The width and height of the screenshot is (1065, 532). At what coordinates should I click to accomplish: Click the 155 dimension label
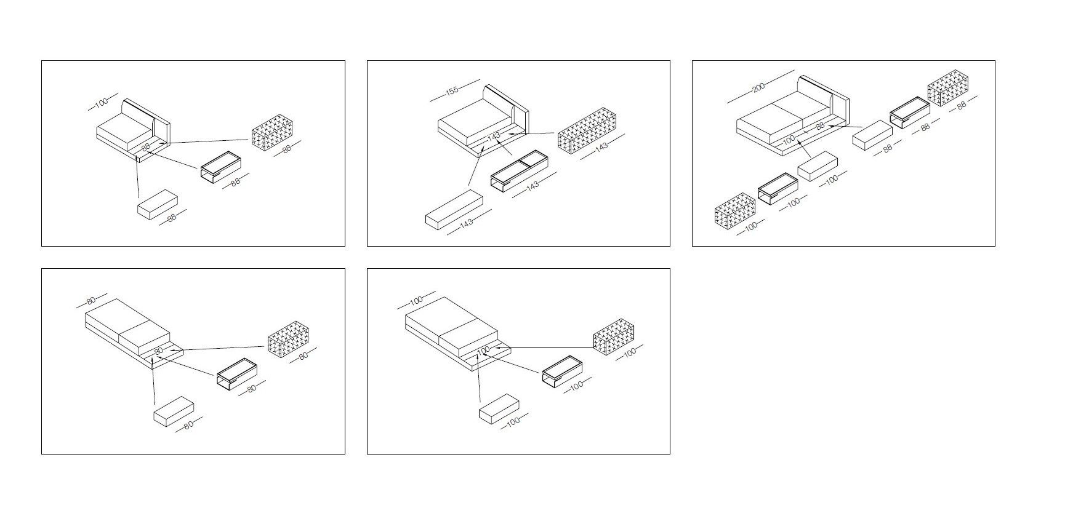[452, 90]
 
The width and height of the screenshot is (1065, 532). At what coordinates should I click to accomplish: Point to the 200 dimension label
[758, 87]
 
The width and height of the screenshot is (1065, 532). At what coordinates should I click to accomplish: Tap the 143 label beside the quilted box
[601, 146]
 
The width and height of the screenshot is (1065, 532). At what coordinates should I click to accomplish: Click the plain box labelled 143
[454, 210]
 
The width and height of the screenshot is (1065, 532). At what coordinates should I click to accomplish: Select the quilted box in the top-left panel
[271, 132]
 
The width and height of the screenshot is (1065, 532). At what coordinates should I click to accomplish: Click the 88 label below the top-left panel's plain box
[172, 218]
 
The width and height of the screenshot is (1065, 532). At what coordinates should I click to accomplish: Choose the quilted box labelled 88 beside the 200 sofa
[948, 88]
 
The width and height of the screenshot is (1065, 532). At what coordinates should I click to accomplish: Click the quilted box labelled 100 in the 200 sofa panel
[735, 212]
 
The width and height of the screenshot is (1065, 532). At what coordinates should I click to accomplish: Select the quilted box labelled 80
[288, 339]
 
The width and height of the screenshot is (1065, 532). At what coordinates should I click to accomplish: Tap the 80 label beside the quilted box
[302, 356]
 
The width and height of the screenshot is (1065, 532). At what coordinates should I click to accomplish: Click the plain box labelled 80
[174, 411]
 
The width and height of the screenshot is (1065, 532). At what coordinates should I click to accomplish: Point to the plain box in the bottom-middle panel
[499, 408]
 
